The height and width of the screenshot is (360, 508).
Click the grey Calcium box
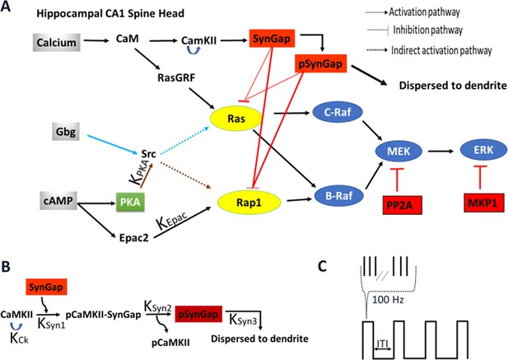point(56,43)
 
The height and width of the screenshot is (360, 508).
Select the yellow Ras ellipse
point(235,119)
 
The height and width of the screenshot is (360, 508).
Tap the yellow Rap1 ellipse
point(249,203)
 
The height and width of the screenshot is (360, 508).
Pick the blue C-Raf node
point(338,112)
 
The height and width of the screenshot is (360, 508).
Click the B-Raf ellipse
point(339,196)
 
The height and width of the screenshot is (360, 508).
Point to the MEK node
point(398,151)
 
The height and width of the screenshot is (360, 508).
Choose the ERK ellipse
point(483,150)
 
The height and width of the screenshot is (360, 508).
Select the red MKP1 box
point(482,203)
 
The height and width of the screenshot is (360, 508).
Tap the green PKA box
point(130,202)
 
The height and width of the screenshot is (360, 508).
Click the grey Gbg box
point(66,132)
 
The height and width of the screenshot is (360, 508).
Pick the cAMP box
point(58,200)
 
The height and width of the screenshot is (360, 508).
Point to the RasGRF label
point(176,77)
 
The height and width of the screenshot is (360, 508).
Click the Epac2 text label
point(134,238)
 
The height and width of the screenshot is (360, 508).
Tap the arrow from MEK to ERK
point(440,151)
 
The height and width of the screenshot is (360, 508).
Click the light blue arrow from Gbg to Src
point(113,144)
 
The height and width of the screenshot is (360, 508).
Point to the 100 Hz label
point(388,299)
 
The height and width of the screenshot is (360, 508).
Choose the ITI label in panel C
point(383,343)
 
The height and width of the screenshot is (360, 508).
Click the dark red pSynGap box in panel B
point(198,314)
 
